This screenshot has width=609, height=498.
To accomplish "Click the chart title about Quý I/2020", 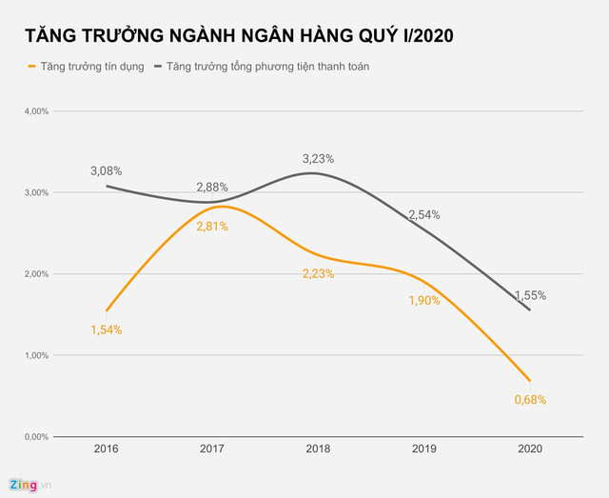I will [239, 36].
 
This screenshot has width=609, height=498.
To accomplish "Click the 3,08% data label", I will [107, 171].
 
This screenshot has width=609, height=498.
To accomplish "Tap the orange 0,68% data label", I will [530, 400].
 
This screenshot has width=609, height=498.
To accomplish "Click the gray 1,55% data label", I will [530, 295].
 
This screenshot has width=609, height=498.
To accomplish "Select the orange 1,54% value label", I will [107, 329].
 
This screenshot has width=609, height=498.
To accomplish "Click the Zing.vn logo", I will [29, 485].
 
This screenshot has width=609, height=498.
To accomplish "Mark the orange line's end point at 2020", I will [529, 380].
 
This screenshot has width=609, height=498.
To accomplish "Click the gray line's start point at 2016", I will [107, 186].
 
